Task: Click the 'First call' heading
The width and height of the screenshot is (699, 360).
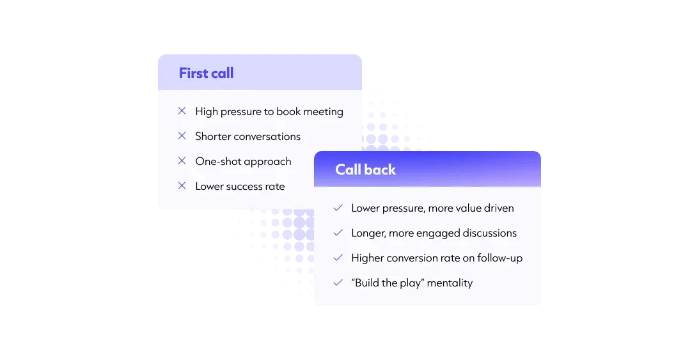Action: click(206, 73)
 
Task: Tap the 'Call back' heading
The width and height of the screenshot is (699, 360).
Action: click(365, 169)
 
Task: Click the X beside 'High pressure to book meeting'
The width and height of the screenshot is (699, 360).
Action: click(182, 111)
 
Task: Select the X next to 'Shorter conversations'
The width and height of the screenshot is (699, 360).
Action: click(182, 136)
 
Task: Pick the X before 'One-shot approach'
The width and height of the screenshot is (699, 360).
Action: click(182, 161)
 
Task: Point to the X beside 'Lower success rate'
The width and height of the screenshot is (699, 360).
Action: click(182, 186)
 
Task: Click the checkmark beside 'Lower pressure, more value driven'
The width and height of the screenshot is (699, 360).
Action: click(338, 208)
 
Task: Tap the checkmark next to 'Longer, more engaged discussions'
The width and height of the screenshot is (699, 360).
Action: click(338, 233)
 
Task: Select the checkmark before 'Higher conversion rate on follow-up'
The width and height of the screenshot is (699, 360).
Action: click(338, 258)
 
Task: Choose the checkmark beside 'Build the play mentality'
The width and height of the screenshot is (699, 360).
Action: click(338, 283)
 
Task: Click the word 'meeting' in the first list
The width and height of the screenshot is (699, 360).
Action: click(323, 112)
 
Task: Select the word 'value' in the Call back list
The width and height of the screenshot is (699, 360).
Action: click(469, 208)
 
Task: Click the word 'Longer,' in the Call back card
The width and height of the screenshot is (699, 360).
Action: click(369, 233)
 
